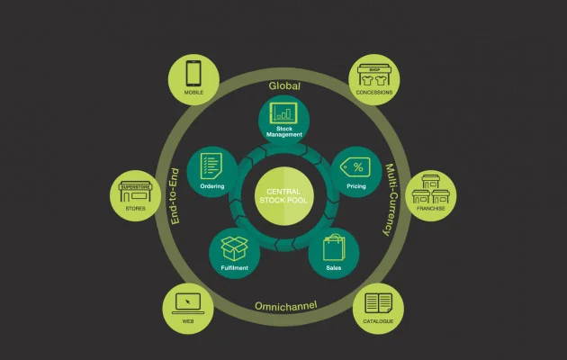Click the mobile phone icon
[193, 72]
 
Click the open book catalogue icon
[379, 302]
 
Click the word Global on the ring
[284, 85]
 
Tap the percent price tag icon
[356, 167]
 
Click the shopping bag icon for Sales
[333, 247]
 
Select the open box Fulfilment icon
[235, 247]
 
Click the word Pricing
[356, 185]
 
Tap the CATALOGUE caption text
[379, 321]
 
